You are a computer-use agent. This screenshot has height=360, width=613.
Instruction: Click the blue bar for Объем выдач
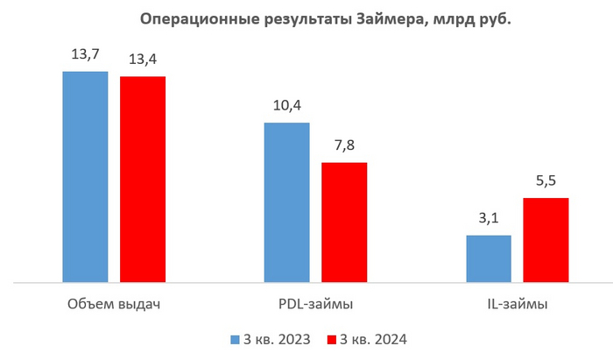[85, 177]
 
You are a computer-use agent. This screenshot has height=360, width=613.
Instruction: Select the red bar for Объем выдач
[143, 180]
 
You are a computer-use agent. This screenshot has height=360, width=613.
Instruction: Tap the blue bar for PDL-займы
[286, 202]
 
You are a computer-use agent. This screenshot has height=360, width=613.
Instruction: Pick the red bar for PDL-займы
[344, 222]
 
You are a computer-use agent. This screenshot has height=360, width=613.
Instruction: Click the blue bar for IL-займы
[489, 258]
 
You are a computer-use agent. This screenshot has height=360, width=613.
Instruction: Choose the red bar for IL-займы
[546, 240]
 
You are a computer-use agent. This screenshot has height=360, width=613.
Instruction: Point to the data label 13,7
[85, 54]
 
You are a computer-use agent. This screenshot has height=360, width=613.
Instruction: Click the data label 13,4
[143, 60]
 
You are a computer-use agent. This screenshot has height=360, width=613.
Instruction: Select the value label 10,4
[286, 106]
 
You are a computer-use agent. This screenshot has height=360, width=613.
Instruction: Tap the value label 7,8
[344, 145]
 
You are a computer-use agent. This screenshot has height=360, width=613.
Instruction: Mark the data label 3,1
[489, 218]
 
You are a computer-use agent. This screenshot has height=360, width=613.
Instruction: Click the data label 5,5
[546, 181]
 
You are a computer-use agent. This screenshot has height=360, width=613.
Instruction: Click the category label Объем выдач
[114, 305]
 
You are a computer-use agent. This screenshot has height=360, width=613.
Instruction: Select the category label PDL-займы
[315, 305]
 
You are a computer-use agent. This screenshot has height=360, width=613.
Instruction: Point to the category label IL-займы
[518, 305]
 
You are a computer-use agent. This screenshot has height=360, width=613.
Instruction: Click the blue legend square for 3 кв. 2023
[235, 338]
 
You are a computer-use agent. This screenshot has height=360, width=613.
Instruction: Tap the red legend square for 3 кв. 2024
[331, 338]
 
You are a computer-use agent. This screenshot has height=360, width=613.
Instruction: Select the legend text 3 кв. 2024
[375, 338]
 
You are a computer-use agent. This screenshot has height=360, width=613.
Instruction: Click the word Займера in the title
[390, 19]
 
